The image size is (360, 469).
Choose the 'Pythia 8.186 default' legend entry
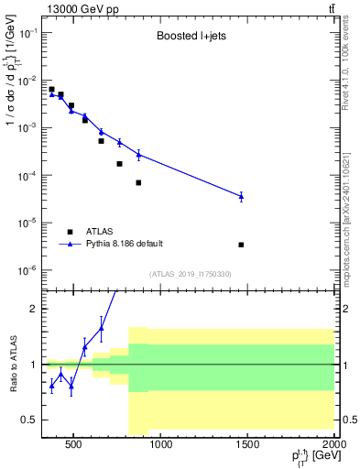[x=124, y=244]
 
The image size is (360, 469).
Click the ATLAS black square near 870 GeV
[x=138, y=182]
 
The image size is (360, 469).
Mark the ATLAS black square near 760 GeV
[x=119, y=164]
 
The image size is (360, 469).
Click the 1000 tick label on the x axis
[x=161, y=446]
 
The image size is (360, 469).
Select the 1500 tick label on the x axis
[x=248, y=446]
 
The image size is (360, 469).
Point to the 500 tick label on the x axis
[x=74, y=446]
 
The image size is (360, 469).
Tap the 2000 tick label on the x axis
[x=334, y=446]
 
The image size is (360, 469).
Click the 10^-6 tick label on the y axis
[x=27, y=270]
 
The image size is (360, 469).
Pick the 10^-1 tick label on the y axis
[x=27, y=32]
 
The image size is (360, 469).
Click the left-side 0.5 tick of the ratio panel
[x=29, y=420]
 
